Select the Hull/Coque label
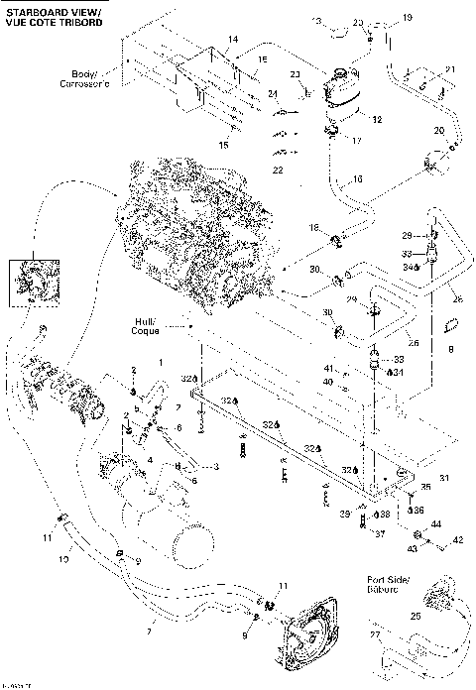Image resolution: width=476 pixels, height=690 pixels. click(x=152, y=327)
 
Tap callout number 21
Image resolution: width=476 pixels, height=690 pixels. click(x=449, y=68)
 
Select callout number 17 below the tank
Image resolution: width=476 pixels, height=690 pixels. click(x=358, y=141)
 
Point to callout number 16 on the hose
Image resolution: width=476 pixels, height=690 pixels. click(x=358, y=178)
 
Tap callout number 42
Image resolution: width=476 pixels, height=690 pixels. click(x=458, y=540)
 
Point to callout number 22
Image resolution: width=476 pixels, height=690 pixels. click(x=277, y=171)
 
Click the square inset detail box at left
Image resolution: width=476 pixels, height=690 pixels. click(x=28, y=279)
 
